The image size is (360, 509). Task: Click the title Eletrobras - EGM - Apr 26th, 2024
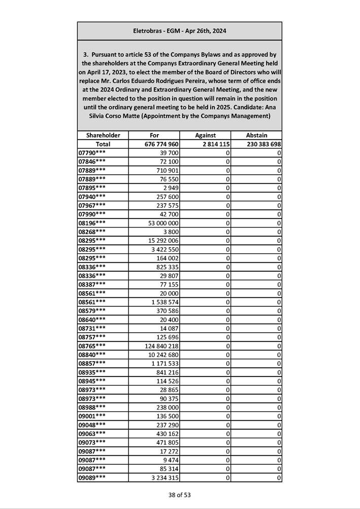pos(179,31)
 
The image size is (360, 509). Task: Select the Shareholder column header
pos(103,135)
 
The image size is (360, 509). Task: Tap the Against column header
pos(205,135)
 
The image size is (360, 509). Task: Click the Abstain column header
pos(256,135)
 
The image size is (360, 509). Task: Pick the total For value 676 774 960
pos(161,144)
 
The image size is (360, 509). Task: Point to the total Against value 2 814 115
pos(212,144)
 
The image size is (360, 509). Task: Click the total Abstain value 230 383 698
pos(258,144)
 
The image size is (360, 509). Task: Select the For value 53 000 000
pos(162,223)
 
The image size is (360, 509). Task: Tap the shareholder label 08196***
pos(92,223)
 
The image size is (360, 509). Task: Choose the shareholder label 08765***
pos(92,346)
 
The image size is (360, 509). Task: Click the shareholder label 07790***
pos(92,153)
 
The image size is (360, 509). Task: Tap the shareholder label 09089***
pos(92,478)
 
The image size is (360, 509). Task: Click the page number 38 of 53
pos(180,495)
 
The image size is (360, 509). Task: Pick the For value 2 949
pos(169,188)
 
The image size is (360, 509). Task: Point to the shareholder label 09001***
pos(92,416)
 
